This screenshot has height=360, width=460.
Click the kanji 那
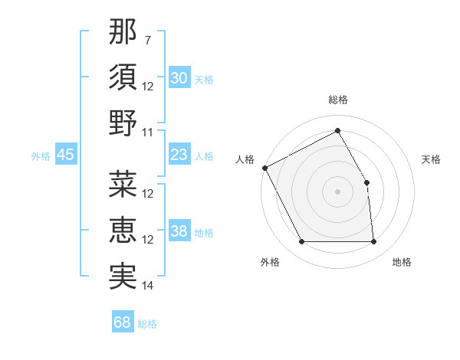(123, 32)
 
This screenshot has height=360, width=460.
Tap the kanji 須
(123, 77)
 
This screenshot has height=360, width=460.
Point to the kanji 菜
(123, 185)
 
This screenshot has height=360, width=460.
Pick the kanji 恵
(123, 230)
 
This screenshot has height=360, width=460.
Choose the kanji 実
(123, 275)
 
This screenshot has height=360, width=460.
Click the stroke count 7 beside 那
(147, 39)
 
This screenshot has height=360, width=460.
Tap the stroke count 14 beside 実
(148, 285)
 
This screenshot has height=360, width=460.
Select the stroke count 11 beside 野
(148, 132)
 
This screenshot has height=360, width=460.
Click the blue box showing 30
(179, 78)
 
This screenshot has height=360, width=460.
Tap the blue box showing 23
(179, 155)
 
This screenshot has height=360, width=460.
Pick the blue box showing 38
(179, 231)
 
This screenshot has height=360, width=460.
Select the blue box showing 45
(66, 155)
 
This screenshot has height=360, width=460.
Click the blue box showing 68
(123, 322)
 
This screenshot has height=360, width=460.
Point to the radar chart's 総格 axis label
(337, 100)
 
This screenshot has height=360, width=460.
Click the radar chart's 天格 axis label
(431, 159)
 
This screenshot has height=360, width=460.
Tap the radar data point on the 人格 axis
(265, 168)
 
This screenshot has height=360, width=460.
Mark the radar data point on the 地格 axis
(374, 242)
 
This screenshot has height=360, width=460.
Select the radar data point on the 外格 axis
(301, 242)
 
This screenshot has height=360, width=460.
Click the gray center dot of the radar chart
(337, 191)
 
